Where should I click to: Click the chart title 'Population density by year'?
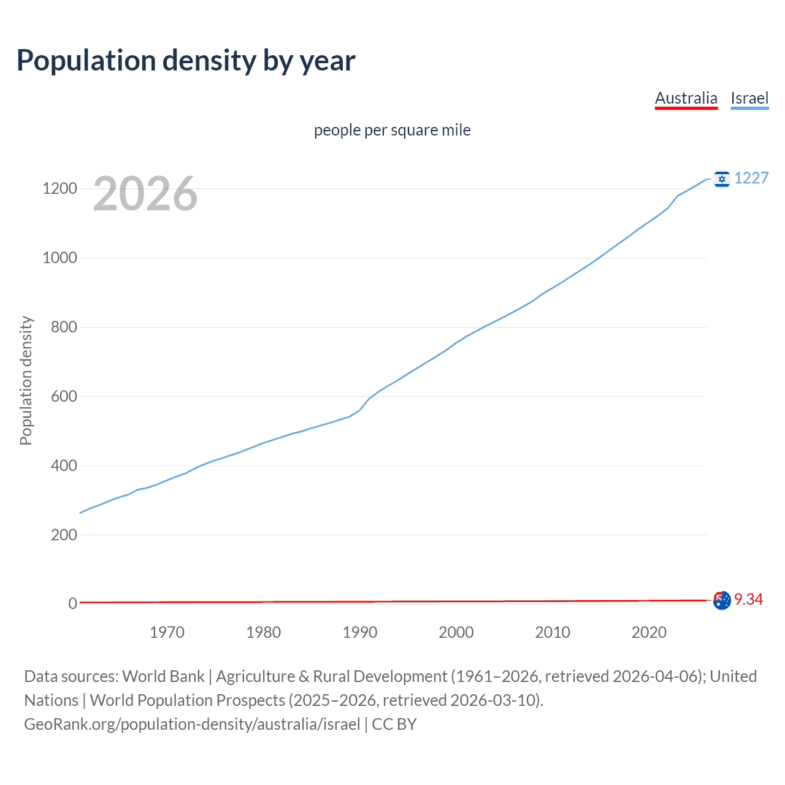[x=186, y=61]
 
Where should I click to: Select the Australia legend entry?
[x=686, y=98]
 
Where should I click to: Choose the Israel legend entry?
[x=749, y=98]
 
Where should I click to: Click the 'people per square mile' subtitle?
[x=392, y=130]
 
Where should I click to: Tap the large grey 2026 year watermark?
[x=145, y=194]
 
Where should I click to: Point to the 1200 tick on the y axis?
[x=59, y=188]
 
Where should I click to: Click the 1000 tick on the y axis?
[x=59, y=258]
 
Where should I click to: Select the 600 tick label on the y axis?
[x=64, y=396]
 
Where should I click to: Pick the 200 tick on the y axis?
[x=64, y=535]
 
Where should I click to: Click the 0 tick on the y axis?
[x=73, y=603]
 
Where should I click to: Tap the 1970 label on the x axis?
[x=167, y=632]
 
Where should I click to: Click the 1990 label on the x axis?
[x=360, y=632]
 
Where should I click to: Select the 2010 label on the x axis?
[x=553, y=632]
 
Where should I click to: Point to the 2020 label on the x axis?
[x=649, y=632]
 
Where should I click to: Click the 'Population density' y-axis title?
[x=26, y=380]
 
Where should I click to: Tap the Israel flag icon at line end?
[x=722, y=178]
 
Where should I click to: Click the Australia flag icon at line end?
[x=722, y=600]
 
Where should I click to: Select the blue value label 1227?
[x=751, y=178]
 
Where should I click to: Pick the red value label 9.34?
[x=748, y=599]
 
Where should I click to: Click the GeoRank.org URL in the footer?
[x=192, y=724]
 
